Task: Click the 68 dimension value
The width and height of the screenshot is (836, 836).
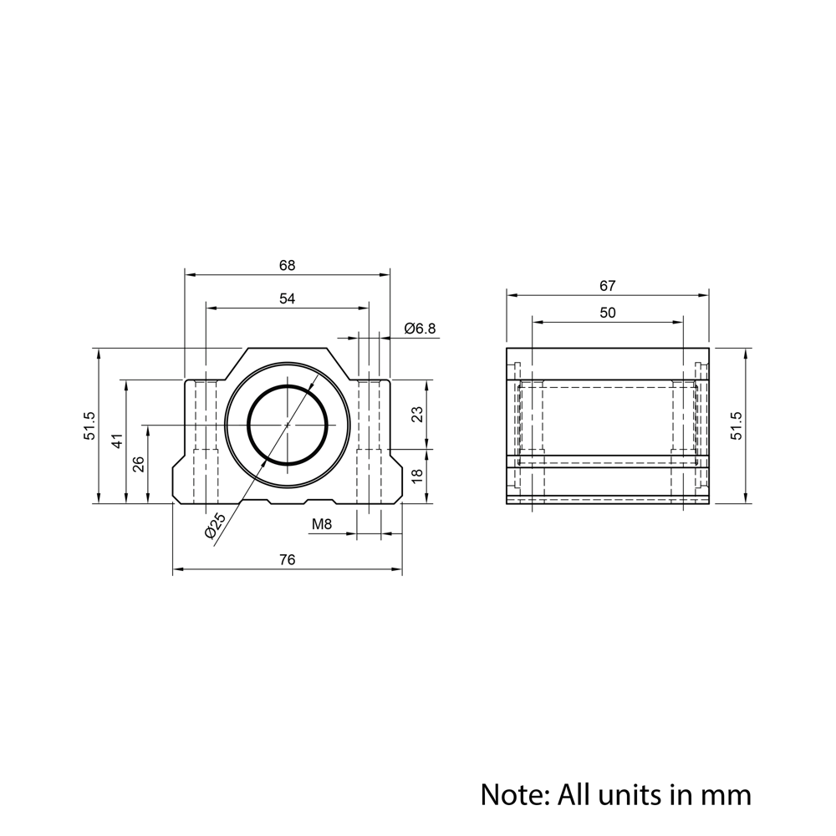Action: (287, 265)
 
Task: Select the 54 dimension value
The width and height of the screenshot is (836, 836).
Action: (287, 298)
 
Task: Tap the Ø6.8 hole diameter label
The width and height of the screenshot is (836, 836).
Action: (420, 329)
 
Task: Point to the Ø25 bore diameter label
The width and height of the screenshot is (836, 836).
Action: (215, 525)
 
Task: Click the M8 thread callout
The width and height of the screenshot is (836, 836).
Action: (322, 525)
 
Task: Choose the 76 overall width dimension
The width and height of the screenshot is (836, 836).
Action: (287, 560)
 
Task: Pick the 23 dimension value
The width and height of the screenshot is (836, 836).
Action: (418, 414)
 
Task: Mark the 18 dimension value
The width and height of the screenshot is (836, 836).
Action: (418, 476)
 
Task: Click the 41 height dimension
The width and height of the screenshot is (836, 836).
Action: (117, 441)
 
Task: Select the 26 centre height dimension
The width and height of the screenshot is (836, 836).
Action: (139, 464)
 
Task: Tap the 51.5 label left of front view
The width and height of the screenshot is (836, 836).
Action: (90, 426)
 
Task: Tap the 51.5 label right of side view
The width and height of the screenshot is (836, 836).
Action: (736, 426)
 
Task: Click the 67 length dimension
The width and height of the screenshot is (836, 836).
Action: (608, 285)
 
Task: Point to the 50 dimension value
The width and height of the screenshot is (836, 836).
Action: (608, 312)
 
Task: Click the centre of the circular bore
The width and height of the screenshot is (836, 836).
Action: (288, 425)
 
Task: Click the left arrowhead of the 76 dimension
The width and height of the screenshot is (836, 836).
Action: (176, 572)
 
